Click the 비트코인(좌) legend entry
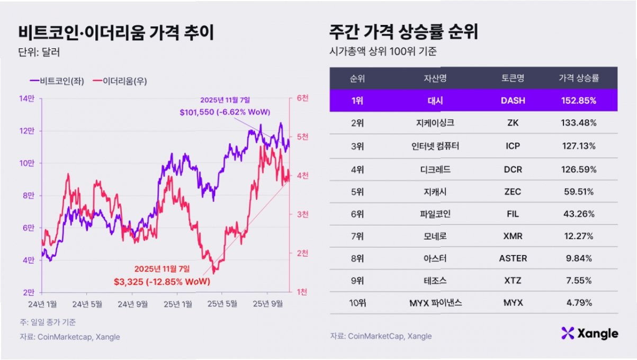point(57,81)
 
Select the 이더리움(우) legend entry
point(120,81)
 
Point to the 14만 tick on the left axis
point(26,98)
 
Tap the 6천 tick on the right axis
point(302,98)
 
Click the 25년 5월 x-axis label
point(222,304)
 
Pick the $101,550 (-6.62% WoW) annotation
point(225,112)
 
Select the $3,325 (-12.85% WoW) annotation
point(162,282)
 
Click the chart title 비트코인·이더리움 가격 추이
point(116,32)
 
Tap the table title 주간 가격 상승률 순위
point(403,32)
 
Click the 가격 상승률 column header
point(579,78)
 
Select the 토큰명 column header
point(513,78)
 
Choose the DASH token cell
point(513,101)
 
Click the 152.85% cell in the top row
point(579,101)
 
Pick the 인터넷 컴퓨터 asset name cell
point(435,146)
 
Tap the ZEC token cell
point(513,192)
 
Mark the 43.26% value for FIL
point(579,214)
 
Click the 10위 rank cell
point(357,303)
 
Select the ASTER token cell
point(513,258)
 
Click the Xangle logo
point(589,334)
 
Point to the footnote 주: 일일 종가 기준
point(48,322)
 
